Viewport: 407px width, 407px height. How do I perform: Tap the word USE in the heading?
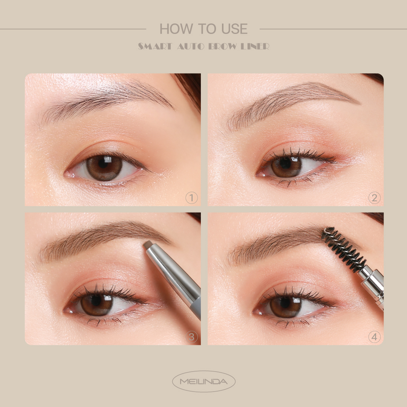(x=233, y=29)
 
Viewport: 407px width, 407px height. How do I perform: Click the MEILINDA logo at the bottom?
(x=203, y=381)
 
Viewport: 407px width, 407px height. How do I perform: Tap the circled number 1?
(x=191, y=198)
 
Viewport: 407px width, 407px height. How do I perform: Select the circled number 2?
(x=374, y=198)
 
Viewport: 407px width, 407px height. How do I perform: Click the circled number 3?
(x=191, y=337)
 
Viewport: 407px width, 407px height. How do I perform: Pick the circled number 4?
(x=374, y=337)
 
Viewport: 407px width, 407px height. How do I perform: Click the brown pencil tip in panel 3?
(x=148, y=244)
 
